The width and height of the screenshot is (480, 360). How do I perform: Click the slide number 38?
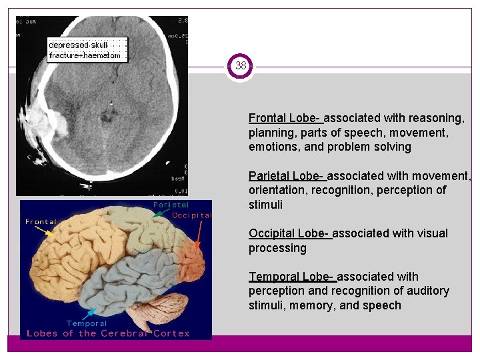[240, 66]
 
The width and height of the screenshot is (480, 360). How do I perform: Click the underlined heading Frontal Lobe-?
[285, 118]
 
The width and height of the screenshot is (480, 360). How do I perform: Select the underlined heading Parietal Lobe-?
[286, 176]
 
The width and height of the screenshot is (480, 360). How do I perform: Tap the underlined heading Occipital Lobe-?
[289, 233]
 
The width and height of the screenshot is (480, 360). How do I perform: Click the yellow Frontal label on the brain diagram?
[41, 221]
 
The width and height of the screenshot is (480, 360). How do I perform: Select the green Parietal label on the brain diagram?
[171, 205]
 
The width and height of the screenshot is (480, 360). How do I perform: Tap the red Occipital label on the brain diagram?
[191, 215]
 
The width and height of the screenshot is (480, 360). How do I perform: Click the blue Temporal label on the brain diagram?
[87, 323]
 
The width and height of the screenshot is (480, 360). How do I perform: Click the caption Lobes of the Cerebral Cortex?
[108, 333]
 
